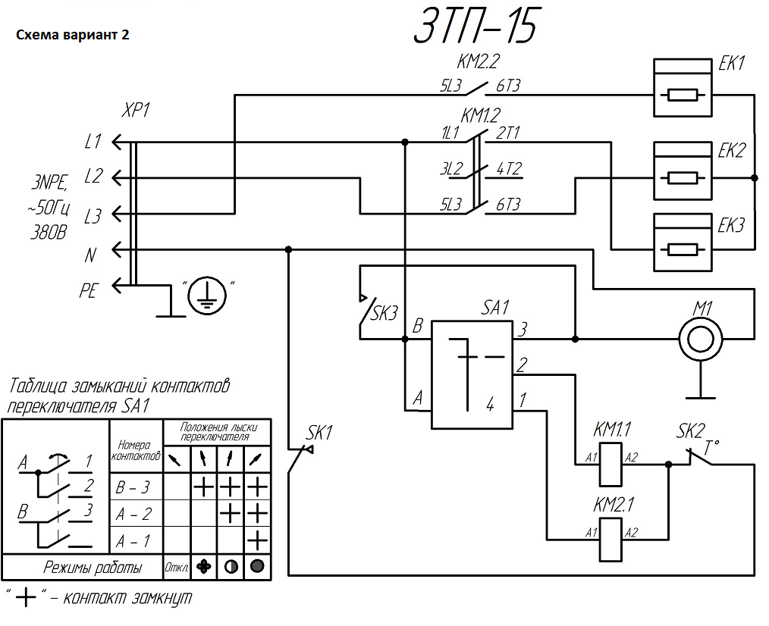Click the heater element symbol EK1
683,89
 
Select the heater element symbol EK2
683,172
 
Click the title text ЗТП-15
476,28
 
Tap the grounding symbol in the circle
205,294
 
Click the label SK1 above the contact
320,433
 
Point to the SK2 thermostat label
690,432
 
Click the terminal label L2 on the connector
93,177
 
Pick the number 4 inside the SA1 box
490,405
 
